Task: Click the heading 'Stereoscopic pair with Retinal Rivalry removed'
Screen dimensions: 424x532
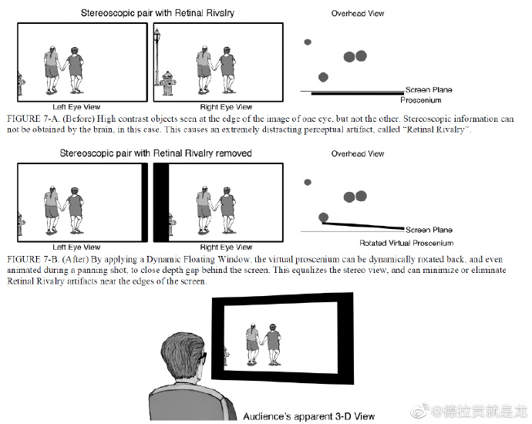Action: point(156,153)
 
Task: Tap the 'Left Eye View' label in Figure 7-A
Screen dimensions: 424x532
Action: point(76,106)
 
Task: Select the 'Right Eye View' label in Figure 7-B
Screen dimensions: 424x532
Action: point(226,247)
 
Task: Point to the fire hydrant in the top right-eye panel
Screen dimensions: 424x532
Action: point(167,82)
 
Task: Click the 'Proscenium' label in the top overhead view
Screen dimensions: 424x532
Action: point(420,100)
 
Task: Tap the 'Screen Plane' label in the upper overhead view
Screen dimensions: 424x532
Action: point(429,90)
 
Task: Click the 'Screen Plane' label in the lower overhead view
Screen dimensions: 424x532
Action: point(429,230)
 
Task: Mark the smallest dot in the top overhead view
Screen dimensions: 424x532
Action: point(308,42)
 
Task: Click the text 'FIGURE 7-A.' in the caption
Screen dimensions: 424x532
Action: point(32,119)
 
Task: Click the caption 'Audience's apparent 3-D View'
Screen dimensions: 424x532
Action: point(308,416)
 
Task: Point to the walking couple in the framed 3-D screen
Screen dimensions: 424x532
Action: point(262,345)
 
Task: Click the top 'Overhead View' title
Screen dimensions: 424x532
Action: point(358,14)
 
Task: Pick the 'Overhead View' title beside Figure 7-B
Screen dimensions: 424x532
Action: point(358,153)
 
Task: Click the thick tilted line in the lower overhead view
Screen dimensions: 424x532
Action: point(362,225)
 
